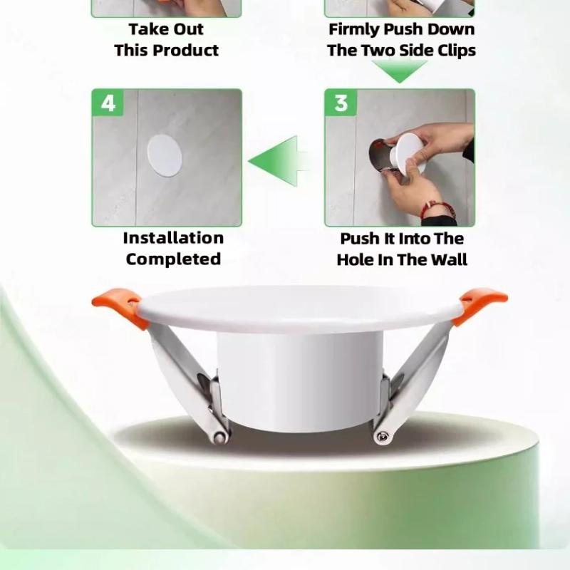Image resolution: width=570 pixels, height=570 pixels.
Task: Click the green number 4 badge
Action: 108,103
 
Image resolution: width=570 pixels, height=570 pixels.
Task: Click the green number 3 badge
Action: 341,103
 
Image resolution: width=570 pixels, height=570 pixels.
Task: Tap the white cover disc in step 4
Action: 165,155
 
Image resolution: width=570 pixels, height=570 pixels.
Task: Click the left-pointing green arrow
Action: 279,161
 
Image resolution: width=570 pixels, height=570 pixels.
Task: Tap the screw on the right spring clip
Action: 381,436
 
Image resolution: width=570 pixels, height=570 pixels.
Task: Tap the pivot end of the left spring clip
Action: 219,437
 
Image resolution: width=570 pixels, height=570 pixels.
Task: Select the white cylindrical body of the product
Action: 299,382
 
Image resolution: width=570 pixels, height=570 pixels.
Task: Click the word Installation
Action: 173,238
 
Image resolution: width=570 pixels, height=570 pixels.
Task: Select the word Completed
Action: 173,259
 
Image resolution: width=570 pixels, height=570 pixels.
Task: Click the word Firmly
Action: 353,30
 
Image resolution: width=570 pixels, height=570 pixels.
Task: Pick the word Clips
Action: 456,51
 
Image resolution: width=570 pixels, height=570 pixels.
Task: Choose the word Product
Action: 185,51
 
